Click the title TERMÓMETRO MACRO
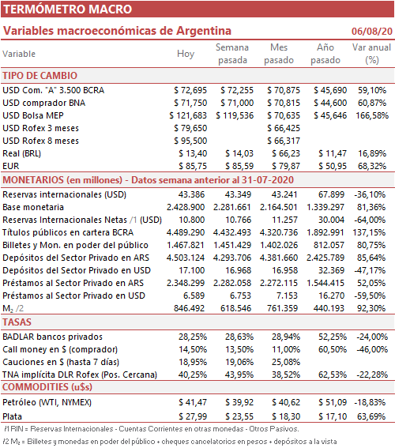[67, 9]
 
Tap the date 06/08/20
[372, 31]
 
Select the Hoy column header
[186, 54]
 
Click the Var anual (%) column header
[371, 54]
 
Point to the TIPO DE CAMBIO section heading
[40, 76]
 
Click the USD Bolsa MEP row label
[33, 115]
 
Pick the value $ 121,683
[188, 115]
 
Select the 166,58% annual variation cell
[372, 115]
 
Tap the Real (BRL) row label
[21, 153]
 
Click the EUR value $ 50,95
[333, 166]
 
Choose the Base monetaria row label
[33, 207]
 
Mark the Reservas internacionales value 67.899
[331, 194]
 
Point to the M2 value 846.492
[189, 308]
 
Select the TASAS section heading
[17, 322]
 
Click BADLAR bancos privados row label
[53, 337]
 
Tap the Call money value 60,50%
[333, 349]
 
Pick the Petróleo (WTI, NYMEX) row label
[47, 403]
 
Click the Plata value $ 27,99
[193, 416]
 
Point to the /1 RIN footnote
[152, 429]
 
